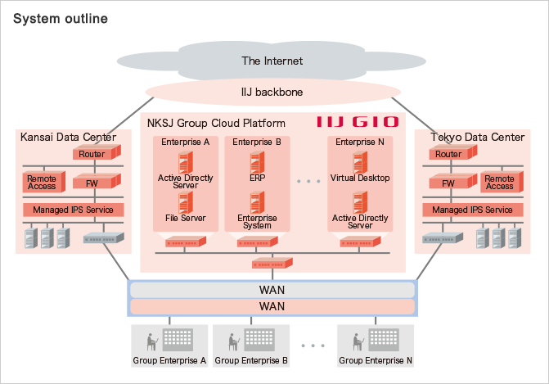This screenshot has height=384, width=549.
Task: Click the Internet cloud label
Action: click(272, 61)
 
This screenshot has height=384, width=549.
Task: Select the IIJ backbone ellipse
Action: click(272, 92)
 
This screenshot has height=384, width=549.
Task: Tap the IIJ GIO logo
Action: click(358, 123)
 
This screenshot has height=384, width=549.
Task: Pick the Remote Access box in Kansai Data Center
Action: click(42, 182)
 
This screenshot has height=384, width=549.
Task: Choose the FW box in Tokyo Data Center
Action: click(448, 184)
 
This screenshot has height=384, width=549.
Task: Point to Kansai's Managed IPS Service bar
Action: click(73, 210)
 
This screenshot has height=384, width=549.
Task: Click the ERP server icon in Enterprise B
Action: click(258, 161)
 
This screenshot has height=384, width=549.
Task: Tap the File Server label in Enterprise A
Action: click(186, 219)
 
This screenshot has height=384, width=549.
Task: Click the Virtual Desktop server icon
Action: click(360, 161)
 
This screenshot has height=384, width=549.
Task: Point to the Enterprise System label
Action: click(257, 223)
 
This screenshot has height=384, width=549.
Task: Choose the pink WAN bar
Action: click(272, 306)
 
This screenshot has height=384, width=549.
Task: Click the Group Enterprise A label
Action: click(169, 360)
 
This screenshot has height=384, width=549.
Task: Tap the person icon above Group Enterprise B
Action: click(232, 339)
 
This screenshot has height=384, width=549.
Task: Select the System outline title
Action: click(60, 17)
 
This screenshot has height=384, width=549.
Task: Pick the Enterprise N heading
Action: click(361, 142)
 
